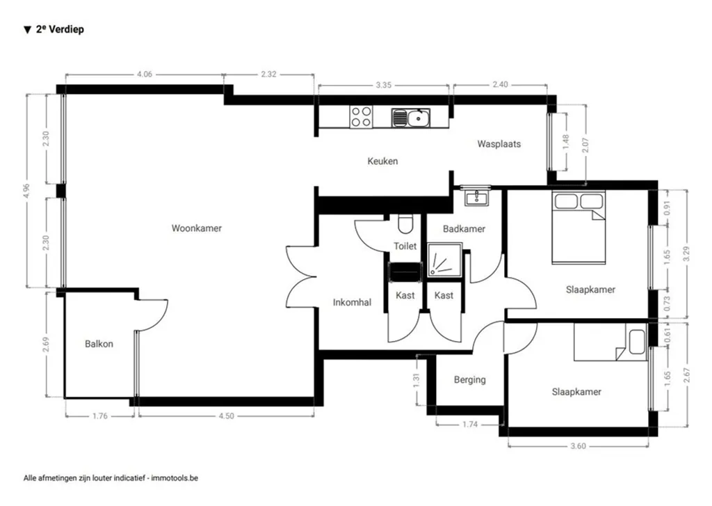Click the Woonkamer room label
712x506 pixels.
click(x=197, y=228)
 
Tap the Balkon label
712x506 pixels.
click(x=99, y=344)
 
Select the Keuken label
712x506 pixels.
click(x=383, y=161)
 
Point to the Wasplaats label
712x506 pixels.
click(x=499, y=144)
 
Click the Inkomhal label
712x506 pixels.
click(x=352, y=303)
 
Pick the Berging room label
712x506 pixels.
click(x=470, y=379)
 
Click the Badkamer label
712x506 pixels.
click(x=464, y=229)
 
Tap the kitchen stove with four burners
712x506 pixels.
click(x=361, y=116)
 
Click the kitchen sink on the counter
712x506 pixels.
click(x=410, y=118)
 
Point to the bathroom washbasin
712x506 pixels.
click(x=476, y=198)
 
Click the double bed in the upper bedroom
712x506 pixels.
click(x=579, y=228)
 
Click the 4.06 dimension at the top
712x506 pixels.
click(x=145, y=74)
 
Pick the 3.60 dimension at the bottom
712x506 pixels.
click(x=578, y=446)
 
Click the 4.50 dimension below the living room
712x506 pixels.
click(x=226, y=416)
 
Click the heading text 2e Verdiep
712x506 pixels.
click(x=60, y=29)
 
